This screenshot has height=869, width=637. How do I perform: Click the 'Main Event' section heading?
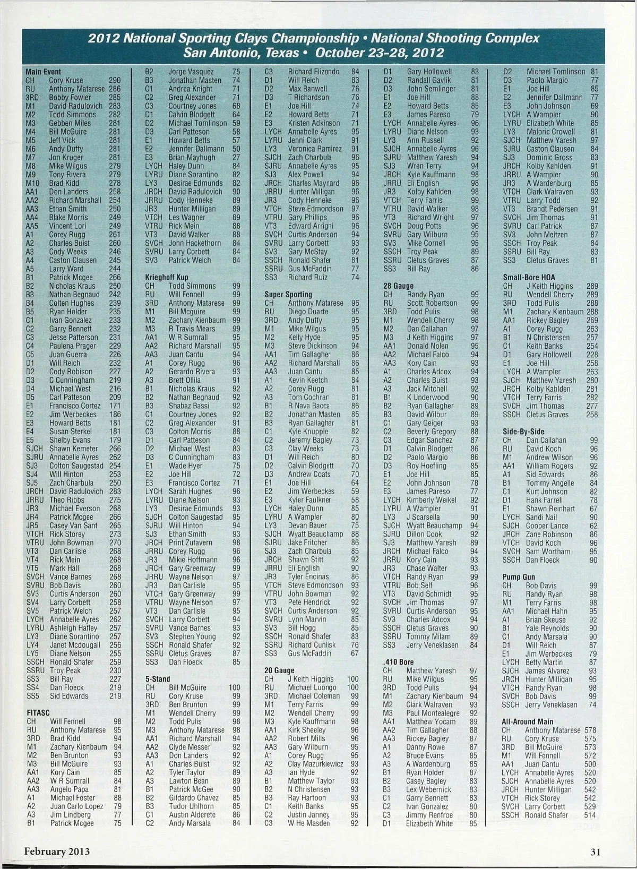tap(44, 72)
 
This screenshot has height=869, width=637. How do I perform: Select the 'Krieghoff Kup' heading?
tap(167, 277)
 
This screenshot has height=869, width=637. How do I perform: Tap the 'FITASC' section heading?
tap(38, 712)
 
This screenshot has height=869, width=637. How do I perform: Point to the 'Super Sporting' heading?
tap(288, 294)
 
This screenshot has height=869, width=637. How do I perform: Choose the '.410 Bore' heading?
tap(398, 662)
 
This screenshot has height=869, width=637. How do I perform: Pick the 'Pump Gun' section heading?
tap(519, 577)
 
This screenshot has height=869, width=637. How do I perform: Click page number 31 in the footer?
tap(595, 852)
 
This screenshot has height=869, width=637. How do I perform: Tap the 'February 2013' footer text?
tap(57, 851)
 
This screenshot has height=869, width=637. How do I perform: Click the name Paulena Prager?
tap(73, 346)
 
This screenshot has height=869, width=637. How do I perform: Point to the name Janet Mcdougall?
tap(75, 645)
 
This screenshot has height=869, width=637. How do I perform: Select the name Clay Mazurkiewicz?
tap(315, 764)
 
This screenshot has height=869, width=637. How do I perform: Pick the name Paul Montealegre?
tap(433, 713)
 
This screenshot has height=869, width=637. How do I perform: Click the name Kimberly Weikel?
tap(432, 500)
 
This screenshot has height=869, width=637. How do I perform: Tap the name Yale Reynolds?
tap(547, 628)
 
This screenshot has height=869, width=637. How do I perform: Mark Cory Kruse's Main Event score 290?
tap(115, 80)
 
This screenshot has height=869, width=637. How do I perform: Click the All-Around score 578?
tap(590, 730)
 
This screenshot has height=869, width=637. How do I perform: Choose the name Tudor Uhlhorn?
tap(192, 806)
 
